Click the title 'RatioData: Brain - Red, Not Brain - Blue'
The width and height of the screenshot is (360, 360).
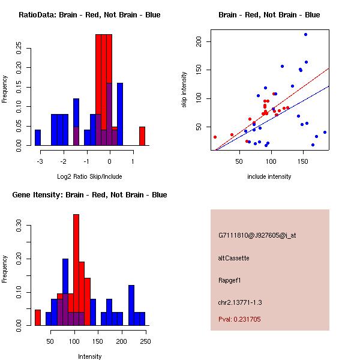tap(89, 15)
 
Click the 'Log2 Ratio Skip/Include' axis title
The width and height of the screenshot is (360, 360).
tap(89, 176)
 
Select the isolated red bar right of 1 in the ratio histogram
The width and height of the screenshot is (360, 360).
tap(142, 136)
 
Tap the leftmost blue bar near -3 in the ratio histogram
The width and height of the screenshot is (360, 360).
tap(38, 137)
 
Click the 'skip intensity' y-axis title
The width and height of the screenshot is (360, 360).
tap(184, 90)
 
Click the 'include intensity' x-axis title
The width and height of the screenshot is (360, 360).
tap(269, 176)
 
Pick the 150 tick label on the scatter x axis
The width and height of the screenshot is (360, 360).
tap(302, 161)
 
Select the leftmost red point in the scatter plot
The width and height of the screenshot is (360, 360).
tap(215, 137)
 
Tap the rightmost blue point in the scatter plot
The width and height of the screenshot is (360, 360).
tap(325, 132)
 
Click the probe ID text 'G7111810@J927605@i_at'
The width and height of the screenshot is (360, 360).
tap(257, 235)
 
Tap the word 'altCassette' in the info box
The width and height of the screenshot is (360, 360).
tap(233, 258)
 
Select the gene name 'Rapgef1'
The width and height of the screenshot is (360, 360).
tap(230, 280)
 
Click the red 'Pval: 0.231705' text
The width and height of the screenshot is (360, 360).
tap(239, 319)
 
